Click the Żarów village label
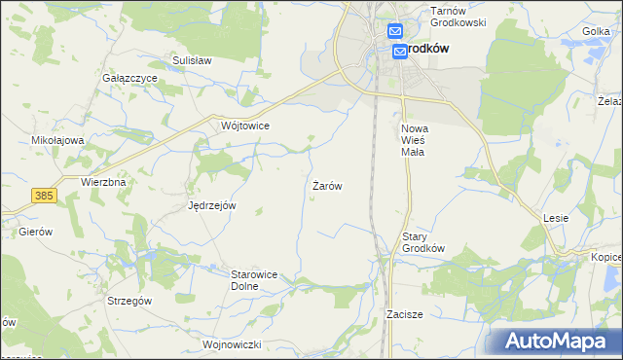pyautogui.click(x=327, y=185)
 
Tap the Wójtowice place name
pyautogui.click(x=245, y=126)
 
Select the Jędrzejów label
pyautogui.click(x=212, y=205)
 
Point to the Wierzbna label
pyautogui.click(x=104, y=182)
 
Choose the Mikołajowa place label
pyautogui.click(x=58, y=140)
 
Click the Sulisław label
pyautogui.click(x=192, y=60)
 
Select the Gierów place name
pyautogui.click(x=35, y=233)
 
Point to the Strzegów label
pyautogui.click(x=129, y=302)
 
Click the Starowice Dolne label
pyautogui.click(x=255, y=280)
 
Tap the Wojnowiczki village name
pyautogui.click(x=234, y=344)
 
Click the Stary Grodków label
pyautogui.click(x=423, y=241)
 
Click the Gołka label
pyautogui.click(x=596, y=32)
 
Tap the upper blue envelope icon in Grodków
pyautogui.click(x=394, y=31)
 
